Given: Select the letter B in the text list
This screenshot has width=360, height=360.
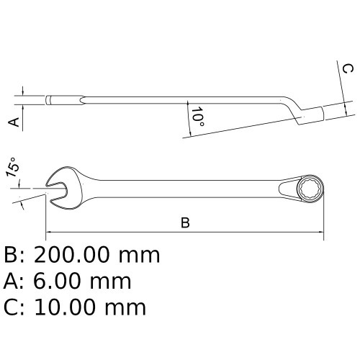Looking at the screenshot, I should (x=12, y=255).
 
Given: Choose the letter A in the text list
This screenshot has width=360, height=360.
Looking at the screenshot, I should (x=12, y=282).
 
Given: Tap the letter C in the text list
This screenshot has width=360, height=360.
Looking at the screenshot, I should (x=12, y=307).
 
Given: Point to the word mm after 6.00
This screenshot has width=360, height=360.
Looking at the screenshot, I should (x=114, y=282).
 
